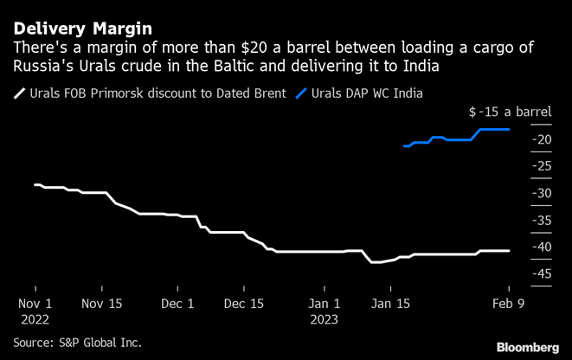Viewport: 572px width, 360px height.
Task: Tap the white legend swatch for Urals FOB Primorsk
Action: point(20,93)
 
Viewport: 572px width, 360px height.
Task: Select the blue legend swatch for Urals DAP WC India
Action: point(302,93)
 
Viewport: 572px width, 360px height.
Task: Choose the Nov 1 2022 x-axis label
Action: point(35,311)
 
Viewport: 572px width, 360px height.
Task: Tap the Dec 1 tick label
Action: point(178,304)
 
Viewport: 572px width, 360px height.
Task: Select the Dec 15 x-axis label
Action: point(243,304)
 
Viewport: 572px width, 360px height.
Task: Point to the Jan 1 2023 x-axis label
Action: point(324,311)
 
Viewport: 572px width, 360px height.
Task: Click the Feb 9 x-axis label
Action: point(508,304)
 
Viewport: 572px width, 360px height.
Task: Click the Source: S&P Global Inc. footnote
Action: point(77,343)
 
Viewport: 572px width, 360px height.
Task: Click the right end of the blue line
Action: point(508,129)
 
